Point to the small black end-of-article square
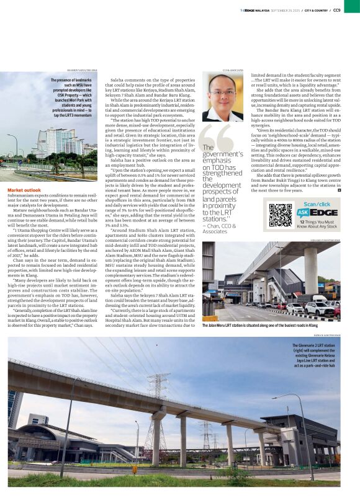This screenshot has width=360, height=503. [340, 190]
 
